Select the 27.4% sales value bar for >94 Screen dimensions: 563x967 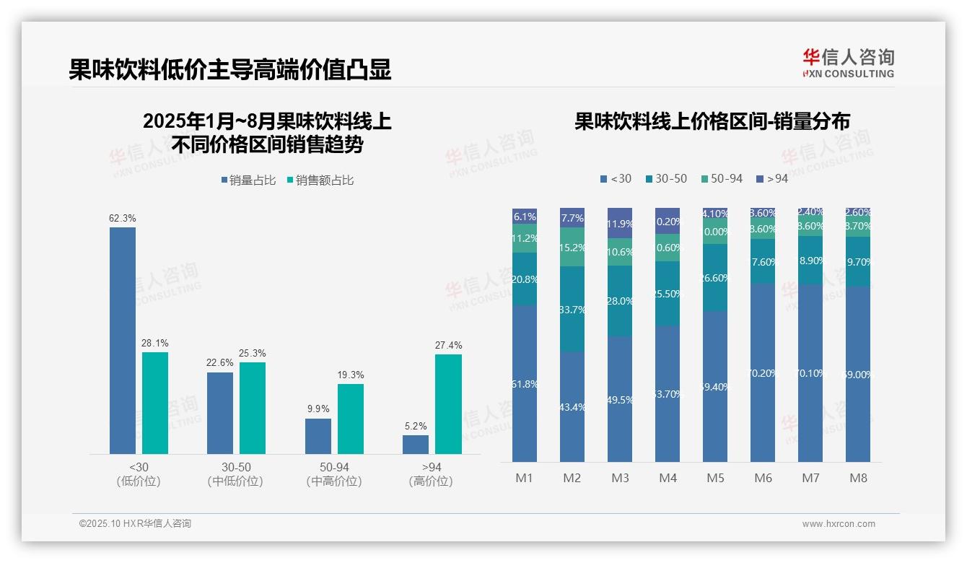click(448, 404)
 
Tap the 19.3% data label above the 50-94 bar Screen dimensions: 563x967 click(351, 375)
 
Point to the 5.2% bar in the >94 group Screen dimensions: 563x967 click(416, 445)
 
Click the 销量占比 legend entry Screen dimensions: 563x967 click(248, 180)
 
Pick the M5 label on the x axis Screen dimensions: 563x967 click(715, 478)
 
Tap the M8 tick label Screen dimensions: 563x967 click(858, 478)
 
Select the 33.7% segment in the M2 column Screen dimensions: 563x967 click(572, 309)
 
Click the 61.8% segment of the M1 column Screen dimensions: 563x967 click(525, 383)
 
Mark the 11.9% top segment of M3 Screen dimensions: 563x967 click(620, 223)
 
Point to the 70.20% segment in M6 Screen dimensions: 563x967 click(763, 372)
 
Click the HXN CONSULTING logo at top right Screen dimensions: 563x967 click(848, 64)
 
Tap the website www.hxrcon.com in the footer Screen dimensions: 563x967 click(839, 524)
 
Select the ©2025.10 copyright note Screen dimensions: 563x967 click(136, 524)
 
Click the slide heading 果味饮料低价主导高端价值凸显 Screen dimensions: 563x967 click(230, 70)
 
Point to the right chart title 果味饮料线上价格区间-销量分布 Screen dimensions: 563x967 click(712, 121)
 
